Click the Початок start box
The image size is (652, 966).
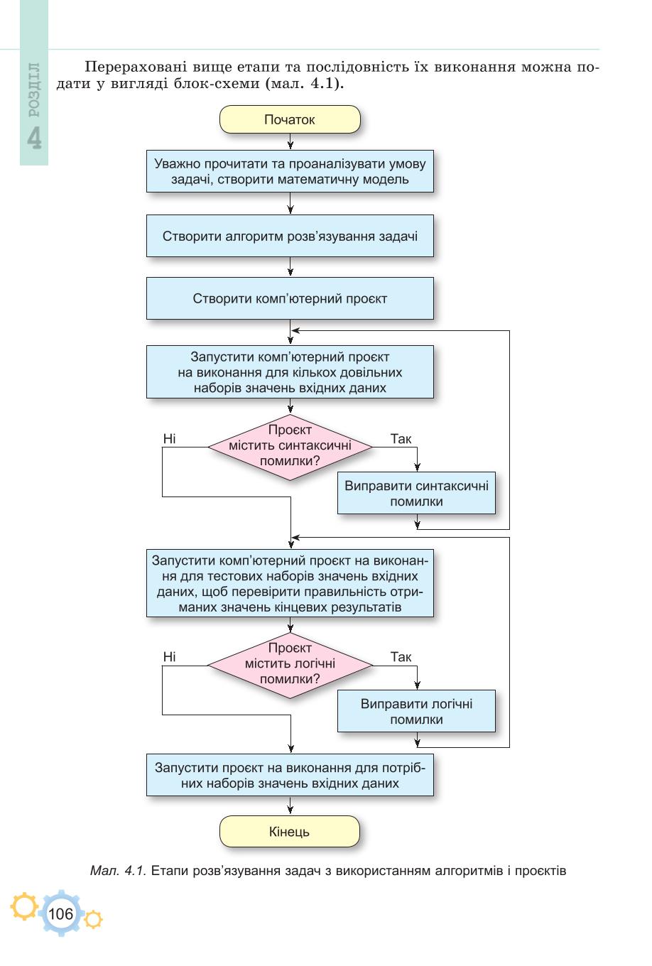click(290, 119)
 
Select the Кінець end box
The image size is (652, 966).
click(290, 832)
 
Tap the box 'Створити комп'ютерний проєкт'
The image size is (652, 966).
click(290, 298)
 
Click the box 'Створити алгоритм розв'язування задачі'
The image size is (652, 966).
click(290, 236)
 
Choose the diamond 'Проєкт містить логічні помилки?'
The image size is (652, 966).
click(290, 665)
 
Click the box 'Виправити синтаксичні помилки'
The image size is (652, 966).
click(416, 493)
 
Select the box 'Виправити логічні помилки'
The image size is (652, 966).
click(416, 711)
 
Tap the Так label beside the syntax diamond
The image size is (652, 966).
click(401, 439)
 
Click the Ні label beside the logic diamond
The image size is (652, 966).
click(170, 657)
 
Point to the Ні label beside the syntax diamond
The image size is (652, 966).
click(170, 438)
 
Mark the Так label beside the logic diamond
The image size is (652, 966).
click(401, 657)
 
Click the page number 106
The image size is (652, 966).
click(61, 913)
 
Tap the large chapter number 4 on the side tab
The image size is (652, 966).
click(35, 138)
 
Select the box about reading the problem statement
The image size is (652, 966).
click(290, 171)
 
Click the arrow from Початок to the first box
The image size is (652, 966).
click(290, 141)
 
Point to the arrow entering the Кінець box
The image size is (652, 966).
click(290, 805)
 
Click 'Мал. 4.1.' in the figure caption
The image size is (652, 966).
click(118, 871)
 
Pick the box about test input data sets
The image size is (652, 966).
click(290, 583)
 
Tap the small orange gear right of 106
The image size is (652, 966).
click(93, 919)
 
